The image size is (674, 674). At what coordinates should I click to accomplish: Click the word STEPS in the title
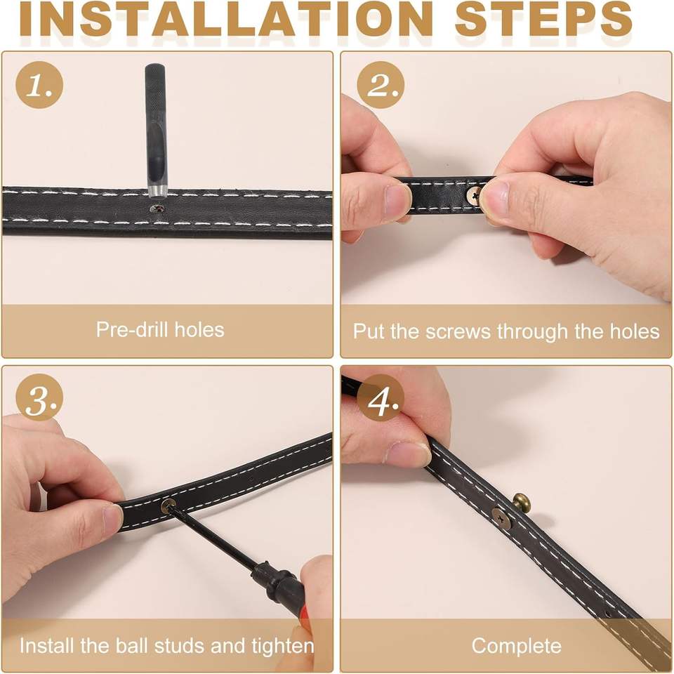tap(543, 20)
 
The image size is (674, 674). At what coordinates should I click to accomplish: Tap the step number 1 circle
tap(39, 85)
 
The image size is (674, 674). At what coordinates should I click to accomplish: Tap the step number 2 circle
tap(381, 85)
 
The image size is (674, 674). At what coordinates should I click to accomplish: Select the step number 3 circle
tap(39, 397)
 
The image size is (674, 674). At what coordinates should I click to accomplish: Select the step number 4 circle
tap(381, 397)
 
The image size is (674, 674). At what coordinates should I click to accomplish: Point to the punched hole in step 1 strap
tap(157, 209)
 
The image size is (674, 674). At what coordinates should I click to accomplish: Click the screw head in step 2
tap(474, 196)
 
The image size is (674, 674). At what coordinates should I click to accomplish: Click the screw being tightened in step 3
tap(168, 506)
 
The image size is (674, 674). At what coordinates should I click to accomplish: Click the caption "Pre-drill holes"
tap(160, 330)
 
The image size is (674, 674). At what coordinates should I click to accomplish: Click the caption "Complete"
tap(516, 646)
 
